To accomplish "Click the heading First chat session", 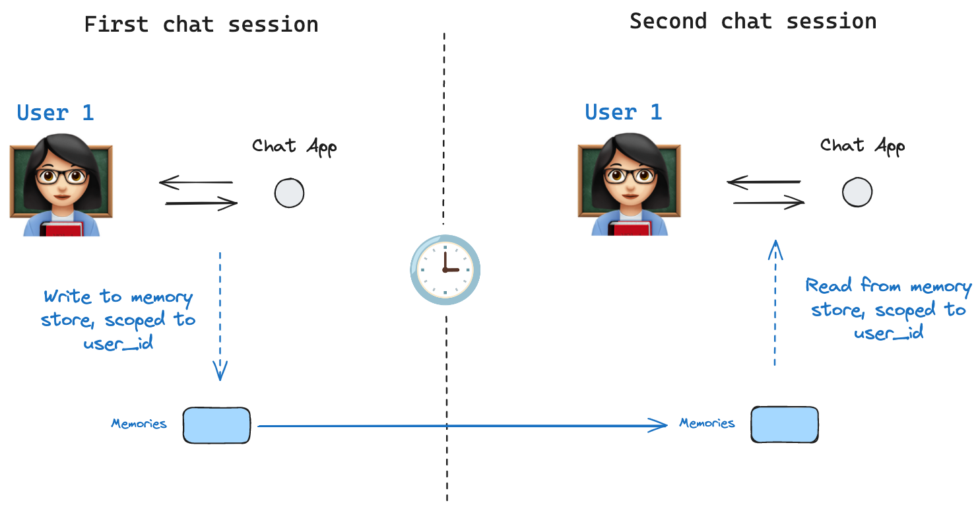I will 201,25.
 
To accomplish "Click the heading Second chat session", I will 753,21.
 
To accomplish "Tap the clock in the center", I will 445,269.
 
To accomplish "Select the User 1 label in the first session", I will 55,113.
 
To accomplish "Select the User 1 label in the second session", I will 623,112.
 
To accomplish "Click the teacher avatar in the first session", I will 61,184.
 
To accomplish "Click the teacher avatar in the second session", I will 629,184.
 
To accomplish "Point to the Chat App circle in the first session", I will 289,193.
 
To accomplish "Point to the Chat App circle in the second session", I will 857,193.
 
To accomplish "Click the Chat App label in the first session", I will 294,146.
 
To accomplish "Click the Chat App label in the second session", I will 862,145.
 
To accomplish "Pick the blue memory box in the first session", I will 216,425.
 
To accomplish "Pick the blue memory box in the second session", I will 785,425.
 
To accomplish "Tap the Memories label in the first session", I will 139,424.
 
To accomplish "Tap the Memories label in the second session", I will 707,423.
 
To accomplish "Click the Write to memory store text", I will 119,320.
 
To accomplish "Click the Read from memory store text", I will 888,310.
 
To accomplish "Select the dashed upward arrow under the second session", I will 775,304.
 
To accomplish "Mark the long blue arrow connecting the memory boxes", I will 462,426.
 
